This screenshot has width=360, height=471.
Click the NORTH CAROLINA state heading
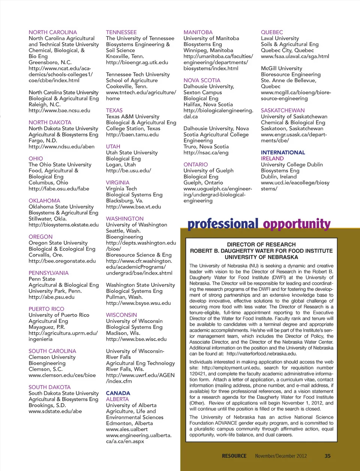pyautogui.click(x=53, y=32)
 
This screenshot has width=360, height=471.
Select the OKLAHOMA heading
pyautogui.click(x=44, y=201)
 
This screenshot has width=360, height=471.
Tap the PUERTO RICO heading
pyautogui.click(x=46, y=309)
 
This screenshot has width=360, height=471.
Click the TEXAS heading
pyautogui.click(x=114, y=110)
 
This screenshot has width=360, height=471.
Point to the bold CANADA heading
pyautogui.click(x=118, y=393)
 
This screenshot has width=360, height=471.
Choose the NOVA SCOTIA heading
pyautogui.click(x=202, y=80)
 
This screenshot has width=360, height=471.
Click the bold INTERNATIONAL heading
pyautogui.click(x=283, y=152)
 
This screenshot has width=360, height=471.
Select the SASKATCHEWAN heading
pyautogui.click(x=283, y=110)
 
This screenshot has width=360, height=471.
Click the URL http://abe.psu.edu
pyautogui.click(x=52, y=297)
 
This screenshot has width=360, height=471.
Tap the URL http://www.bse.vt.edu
pyautogui.click(x=133, y=207)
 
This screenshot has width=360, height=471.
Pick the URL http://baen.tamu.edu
pyautogui.click(x=132, y=134)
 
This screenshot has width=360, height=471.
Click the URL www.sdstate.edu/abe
pyautogui.click(x=55, y=411)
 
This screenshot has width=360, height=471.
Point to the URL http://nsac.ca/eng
pyautogui.click(x=206, y=152)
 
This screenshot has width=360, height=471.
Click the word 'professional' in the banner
pyautogui.click(x=223, y=224)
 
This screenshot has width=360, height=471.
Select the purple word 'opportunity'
pyautogui.click(x=297, y=224)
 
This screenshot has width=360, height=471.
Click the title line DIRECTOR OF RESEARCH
pyautogui.click(x=261, y=244)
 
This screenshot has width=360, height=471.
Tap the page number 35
pyautogui.click(x=327, y=456)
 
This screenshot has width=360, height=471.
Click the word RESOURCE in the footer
pyautogui.click(x=234, y=456)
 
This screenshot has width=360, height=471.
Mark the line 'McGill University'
pyautogui.click(x=282, y=68)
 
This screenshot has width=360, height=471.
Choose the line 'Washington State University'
pyautogui.click(x=141, y=285)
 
